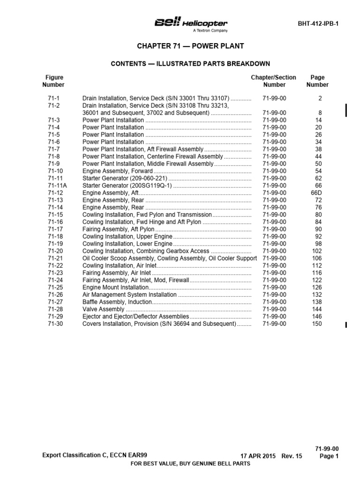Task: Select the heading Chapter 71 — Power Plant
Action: coord(190,46)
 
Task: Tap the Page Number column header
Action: coord(317,81)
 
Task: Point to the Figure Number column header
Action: coord(53,81)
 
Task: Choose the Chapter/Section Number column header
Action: coord(274,81)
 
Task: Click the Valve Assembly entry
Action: coord(103,309)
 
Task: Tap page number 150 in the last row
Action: coord(317,324)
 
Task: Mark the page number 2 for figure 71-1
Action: coord(320,98)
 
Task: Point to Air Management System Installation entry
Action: coord(129,295)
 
